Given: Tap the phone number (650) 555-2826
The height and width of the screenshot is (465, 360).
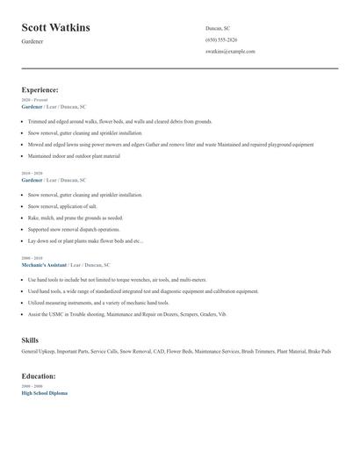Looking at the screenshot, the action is [x=220, y=39].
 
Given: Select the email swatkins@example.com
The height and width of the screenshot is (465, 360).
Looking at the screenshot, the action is [x=230, y=52].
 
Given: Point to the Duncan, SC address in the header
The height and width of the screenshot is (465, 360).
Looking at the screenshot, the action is [x=218, y=28].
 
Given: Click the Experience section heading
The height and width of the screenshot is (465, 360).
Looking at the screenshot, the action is [x=40, y=89].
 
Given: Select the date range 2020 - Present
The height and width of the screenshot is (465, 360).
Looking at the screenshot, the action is [x=35, y=100].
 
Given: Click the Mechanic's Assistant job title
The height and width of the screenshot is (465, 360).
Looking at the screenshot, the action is [x=45, y=264].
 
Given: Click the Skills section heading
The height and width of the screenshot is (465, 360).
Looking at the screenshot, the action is [x=30, y=340].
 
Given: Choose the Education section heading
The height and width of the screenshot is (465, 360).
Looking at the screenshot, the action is [x=39, y=376].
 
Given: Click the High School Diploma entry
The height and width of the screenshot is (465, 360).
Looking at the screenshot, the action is [x=44, y=393].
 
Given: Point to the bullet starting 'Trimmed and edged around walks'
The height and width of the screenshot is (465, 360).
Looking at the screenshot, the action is [x=120, y=121].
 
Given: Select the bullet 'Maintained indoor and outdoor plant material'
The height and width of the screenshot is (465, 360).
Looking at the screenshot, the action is [x=74, y=155].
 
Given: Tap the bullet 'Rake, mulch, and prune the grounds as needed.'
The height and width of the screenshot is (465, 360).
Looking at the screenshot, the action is [x=76, y=218].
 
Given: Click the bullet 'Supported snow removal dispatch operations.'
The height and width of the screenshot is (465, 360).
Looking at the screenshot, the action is [x=74, y=229].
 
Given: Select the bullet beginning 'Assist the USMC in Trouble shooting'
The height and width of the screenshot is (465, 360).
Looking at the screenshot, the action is [x=126, y=313].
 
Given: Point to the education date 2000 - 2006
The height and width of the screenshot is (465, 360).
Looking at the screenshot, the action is [x=32, y=386].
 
